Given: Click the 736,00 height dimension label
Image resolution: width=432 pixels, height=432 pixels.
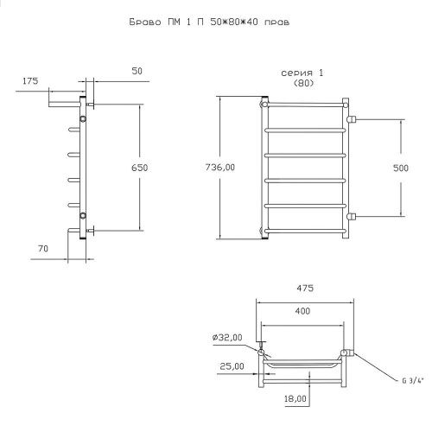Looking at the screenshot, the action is pos(220,168).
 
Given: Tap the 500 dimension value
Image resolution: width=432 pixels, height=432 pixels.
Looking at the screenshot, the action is pos(401,168).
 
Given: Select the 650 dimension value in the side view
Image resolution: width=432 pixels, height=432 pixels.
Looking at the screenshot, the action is pos(139,168).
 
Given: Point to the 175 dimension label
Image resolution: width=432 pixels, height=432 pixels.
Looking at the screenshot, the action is pos(30,81).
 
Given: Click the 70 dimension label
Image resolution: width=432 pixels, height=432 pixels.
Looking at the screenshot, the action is pos(43,249).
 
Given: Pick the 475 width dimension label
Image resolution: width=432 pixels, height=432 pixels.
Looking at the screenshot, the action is pos(305,288).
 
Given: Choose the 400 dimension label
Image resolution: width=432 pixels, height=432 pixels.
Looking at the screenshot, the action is pos(302,311).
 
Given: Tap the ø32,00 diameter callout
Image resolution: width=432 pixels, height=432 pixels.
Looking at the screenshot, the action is pos(227,337).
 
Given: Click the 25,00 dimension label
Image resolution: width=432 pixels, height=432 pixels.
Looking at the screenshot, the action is pos(232,366).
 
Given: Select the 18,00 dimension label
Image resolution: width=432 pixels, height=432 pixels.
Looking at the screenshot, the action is pos(295,399).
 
